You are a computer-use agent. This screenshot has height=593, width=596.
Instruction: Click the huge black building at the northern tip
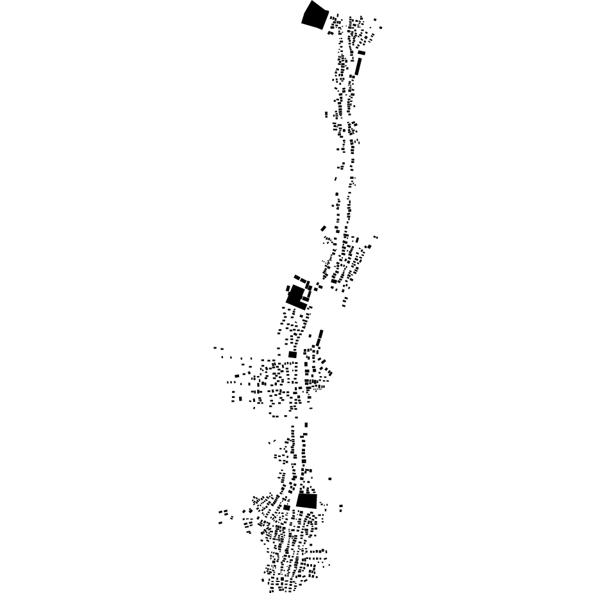(x=315, y=15)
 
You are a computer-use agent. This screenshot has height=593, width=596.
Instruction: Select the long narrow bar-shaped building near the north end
(x=358, y=66)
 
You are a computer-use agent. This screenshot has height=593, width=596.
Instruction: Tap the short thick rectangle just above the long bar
(x=361, y=53)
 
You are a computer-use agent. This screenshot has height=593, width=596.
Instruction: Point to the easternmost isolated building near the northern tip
(x=381, y=28)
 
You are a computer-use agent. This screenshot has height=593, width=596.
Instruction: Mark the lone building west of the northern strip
(x=326, y=114)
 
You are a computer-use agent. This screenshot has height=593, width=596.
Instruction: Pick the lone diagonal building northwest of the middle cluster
(x=324, y=228)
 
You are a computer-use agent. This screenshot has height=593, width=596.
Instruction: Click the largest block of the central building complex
(x=295, y=296)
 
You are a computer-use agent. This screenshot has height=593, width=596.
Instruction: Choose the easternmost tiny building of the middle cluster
(x=376, y=237)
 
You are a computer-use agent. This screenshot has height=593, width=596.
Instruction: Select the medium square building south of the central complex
(x=293, y=354)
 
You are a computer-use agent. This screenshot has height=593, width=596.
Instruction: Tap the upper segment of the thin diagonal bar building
(x=321, y=334)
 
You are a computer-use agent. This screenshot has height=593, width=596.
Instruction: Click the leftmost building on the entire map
(x=215, y=348)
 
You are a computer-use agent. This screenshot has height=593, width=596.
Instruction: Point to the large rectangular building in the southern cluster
(x=307, y=501)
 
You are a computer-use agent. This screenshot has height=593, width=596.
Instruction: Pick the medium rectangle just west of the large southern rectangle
(x=287, y=507)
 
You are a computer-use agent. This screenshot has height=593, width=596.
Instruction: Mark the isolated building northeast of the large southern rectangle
(x=330, y=479)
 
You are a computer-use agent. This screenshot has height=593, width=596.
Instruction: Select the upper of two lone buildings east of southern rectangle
(x=341, y=506)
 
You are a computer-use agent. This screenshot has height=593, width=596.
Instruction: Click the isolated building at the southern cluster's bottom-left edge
(x=263, y=580)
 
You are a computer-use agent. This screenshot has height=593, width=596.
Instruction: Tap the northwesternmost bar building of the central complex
(x=297, y=277)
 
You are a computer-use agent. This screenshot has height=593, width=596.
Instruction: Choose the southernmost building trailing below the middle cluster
(x=344, y=305)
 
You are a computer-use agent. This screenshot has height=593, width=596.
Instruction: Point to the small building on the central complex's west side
(x=287, y=289)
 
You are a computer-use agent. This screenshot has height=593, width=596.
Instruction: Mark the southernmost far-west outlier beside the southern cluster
(x=220, y=522)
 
